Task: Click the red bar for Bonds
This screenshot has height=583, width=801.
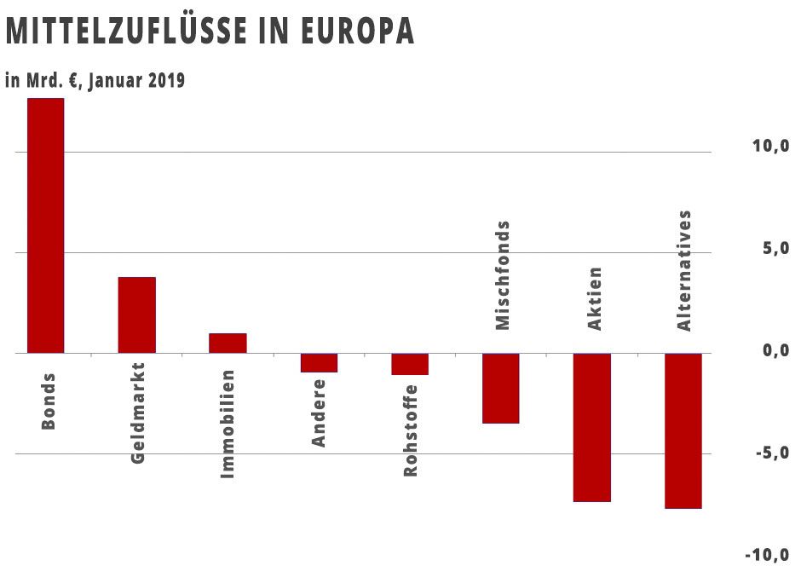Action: tap(45, 225)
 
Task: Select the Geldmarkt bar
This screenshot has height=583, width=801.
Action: tap(136, 315)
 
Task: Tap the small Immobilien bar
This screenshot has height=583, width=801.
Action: tap(228, 343)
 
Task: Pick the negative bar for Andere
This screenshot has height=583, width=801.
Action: tap(319, 362)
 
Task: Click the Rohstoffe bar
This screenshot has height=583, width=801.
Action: tap(410, 364)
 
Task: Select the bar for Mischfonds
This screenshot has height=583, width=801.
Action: tap(500, 388)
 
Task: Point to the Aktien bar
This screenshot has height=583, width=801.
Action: tap(591, 427)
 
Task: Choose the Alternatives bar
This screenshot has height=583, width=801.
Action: tap(683, 430)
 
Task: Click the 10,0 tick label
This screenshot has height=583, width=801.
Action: tap(769, 146)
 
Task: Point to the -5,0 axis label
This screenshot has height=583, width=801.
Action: tap(769, 453)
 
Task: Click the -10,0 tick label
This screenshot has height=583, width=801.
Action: tap(766, 555)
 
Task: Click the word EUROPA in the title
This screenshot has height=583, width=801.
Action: tap(359, 32)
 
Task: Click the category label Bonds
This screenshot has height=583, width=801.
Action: tap(49, 401)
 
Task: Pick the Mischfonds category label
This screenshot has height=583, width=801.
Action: tap(503, 275)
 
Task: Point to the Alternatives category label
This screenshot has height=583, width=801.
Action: tap(683, 270)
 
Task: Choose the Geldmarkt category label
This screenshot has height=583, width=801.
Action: tap(139, 413)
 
